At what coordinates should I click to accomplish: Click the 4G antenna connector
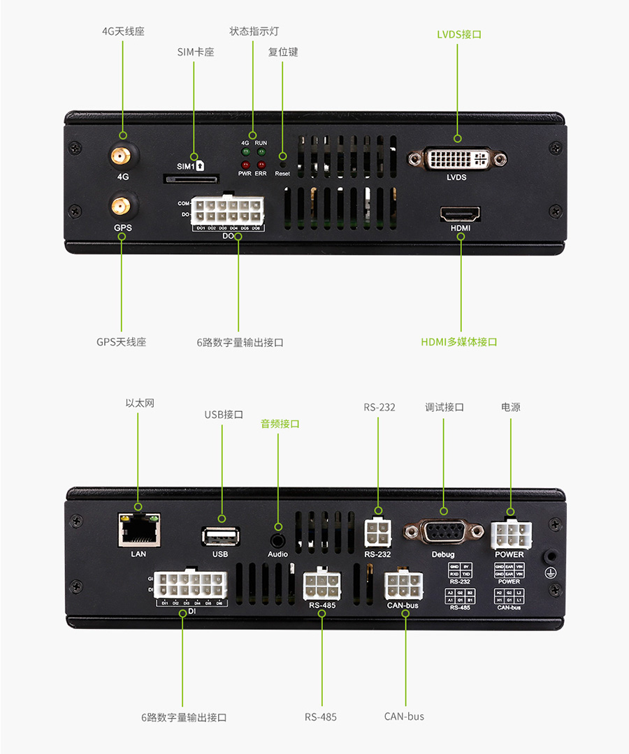coord(122,156)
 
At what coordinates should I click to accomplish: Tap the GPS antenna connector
coord(122,206)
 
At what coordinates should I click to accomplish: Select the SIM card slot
coord(191,179)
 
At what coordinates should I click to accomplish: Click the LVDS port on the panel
coord(458,158)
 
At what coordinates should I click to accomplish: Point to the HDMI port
coord(459,213)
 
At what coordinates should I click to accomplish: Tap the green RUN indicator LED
coord(261,151)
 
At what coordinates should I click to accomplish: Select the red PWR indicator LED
coord(245,164)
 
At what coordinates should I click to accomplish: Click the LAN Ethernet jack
coord(138,528)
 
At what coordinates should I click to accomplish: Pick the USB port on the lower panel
coord(221,536)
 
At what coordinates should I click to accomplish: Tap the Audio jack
coord(278,539)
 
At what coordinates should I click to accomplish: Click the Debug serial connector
coord(443,532)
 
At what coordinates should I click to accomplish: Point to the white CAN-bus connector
coord(403,585)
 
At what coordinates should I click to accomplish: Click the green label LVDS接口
coord(458,34)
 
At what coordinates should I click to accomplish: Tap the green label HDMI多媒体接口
coord(458,342)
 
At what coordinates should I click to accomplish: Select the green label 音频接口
coord(280,424)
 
